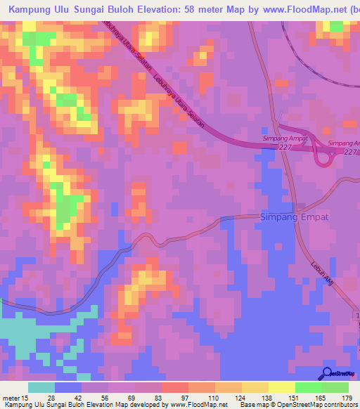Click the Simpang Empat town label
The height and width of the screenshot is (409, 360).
point(295,216)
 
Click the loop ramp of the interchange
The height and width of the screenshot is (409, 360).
point(325,160)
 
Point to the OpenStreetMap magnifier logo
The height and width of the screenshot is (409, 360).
point(327,373)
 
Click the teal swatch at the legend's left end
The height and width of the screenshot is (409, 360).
point(41,387)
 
